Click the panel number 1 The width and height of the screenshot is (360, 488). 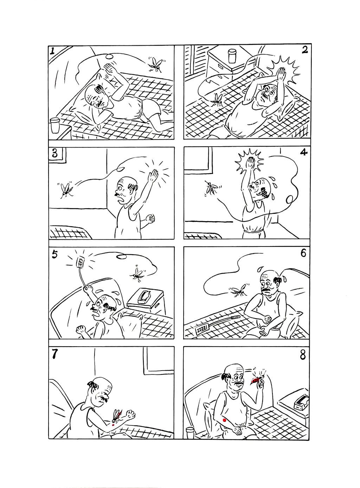point(52,51)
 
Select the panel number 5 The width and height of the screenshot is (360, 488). point(54,255)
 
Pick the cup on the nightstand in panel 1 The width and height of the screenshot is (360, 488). point(54,125)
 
